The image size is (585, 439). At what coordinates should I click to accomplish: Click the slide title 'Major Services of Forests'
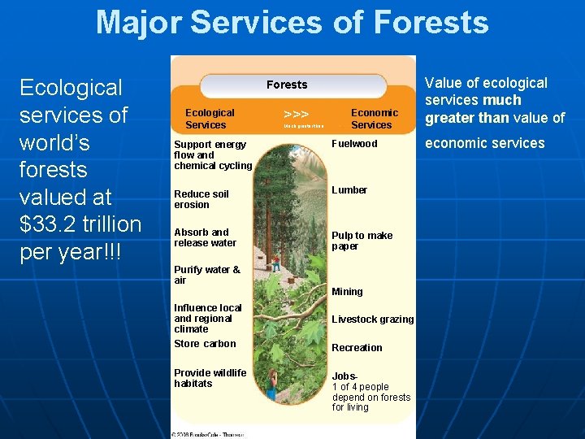coord(292,22)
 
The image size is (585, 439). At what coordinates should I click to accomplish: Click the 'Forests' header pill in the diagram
coord(288,85)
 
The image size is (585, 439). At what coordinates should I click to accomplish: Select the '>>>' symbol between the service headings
coord(296,115)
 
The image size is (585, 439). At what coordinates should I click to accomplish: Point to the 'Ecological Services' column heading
coord(210,119)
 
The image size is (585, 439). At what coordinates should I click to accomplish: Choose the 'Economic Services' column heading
coord(374,119)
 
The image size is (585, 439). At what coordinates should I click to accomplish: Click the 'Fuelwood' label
coord(354,144)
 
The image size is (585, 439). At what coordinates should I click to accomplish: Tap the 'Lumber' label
coord(349,190)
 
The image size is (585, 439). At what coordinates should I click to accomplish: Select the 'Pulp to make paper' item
coord(362,241)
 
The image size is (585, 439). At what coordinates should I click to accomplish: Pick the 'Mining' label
coord(347,292)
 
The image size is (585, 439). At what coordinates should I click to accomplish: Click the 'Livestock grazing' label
coord(372,319)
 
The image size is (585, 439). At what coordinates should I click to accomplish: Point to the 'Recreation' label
coord(357,348)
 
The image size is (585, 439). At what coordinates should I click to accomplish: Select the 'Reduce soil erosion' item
coord(201,199)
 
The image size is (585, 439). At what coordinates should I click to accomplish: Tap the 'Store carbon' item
coord(205,344)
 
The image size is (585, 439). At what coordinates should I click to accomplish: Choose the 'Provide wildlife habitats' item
coord(210,378)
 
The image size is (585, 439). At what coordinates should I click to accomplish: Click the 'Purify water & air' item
coord(207,275)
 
